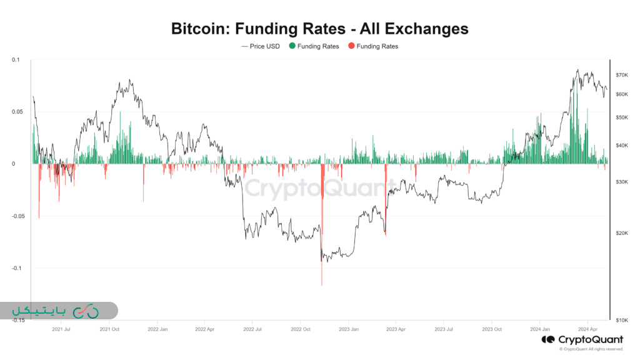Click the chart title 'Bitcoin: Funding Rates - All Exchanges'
point(319,28)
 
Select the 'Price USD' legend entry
point(260,46)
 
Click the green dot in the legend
point(292,46)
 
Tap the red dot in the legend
point(351,46)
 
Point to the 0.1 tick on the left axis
point(16,60)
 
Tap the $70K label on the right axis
point(621,75)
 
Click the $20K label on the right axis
point(621,233)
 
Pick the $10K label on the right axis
point(621,320)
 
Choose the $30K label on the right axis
point(621,182)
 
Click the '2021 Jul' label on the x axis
point(61,329)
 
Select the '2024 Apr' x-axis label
point(586,329)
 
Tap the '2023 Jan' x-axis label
point(349,329)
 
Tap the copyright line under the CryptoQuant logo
point(591,349)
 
